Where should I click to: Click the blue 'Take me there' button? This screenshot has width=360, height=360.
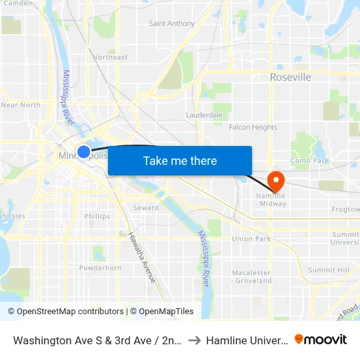coord(180,160)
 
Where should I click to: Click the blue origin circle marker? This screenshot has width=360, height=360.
coord(84,152)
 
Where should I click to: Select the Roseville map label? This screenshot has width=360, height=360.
coord(290,77)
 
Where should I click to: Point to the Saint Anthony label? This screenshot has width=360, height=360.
coord(172,24)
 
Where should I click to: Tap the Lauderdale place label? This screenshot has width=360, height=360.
coord(204,115)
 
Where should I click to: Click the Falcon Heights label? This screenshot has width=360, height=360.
coord(253,127)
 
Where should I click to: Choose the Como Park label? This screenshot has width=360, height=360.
coord(309,160)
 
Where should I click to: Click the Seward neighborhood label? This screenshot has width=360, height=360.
coord(146,207)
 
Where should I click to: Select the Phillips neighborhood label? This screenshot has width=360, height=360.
coord(97,216)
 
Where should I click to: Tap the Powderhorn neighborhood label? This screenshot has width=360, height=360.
coord(100,268)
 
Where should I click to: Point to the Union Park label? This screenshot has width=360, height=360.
coord(251,238)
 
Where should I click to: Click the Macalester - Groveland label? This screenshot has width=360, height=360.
coord(252,276)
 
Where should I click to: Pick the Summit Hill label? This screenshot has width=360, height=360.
coord(329,270)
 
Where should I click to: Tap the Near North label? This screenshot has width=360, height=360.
coord(21,105)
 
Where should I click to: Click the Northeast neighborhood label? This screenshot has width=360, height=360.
coord(110,57)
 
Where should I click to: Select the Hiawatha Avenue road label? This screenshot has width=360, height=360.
coord(142,257)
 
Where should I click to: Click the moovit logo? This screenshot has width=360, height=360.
coord(321,339)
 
